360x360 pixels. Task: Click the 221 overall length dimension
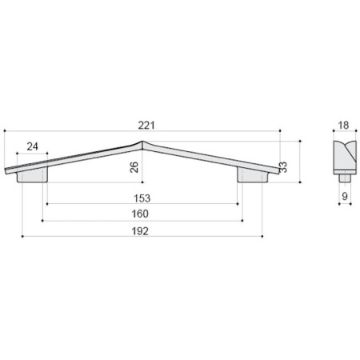(146, 126)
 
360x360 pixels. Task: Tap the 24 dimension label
(33, 146)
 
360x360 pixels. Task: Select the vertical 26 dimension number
(134, 167)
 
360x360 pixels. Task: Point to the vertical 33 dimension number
(283, 167)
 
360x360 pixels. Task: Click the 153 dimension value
(142, 198)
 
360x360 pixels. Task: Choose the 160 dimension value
(140, 214)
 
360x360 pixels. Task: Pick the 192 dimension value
(140, 231)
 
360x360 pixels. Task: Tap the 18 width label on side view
(343, 125)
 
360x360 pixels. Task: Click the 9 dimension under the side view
(345, 197)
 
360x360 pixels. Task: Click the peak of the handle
(142, 142)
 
